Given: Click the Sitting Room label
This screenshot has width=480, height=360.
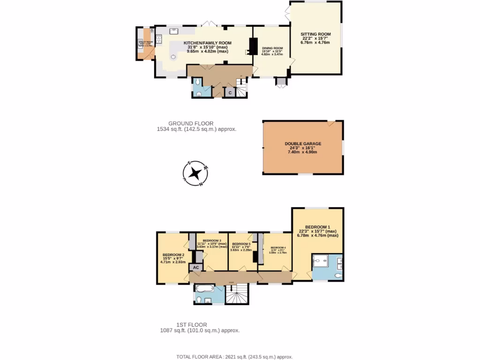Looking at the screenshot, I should pyautogui.click(x=315, y=34).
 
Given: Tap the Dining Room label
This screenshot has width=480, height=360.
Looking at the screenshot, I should pyautogui.click(x=272, y=48).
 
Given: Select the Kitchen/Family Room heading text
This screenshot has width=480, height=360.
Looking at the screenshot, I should pyautogui.click(x=207, y=43).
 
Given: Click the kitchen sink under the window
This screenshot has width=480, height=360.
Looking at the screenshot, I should pyautogui.click(x=173, y=31).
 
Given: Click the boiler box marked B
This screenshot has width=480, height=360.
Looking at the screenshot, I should pyautogui.click(x=151, y=31).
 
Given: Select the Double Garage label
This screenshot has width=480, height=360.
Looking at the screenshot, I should pyautogui.click(x=303, y=144).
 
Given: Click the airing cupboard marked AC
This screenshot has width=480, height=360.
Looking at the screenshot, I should pyautogui.click(x=196, y=267).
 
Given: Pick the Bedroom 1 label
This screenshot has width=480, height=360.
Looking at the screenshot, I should pyautogui.click(x=318, y=227).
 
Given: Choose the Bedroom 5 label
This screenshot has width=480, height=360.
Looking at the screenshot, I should pyautogui.click(x=241, y=244).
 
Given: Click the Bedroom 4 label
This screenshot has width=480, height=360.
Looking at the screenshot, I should pyautogui.click(x=278, y=247).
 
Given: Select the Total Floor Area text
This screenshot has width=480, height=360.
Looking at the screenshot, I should pyautogui.click(x=234, y=356).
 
